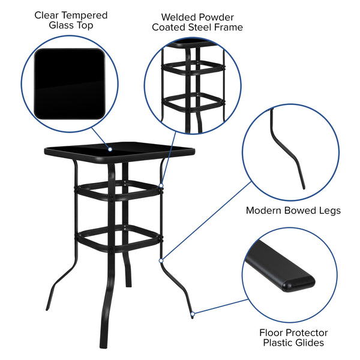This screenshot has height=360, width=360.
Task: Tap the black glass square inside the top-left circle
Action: [x=69, y=83]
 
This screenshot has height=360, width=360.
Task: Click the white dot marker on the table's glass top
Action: [x=110, y=148]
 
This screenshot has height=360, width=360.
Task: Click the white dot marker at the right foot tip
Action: [x=192, y=313]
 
